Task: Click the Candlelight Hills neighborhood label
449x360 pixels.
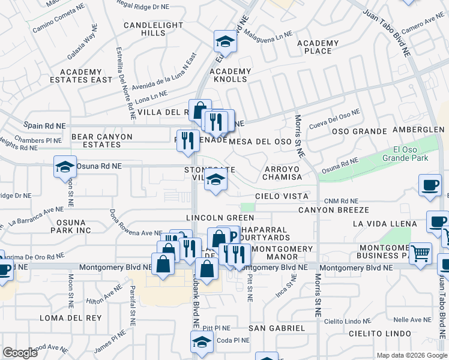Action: tap(145, 29)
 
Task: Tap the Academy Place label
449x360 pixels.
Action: tap(318, 47)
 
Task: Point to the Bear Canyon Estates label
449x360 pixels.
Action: tap(101, 141)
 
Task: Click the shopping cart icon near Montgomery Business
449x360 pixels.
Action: tap(420, 252)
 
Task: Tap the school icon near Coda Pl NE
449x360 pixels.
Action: tap(202, 341)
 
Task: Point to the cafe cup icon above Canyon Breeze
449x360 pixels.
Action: tap(430, 185)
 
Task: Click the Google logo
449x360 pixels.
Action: tap(20, 352)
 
